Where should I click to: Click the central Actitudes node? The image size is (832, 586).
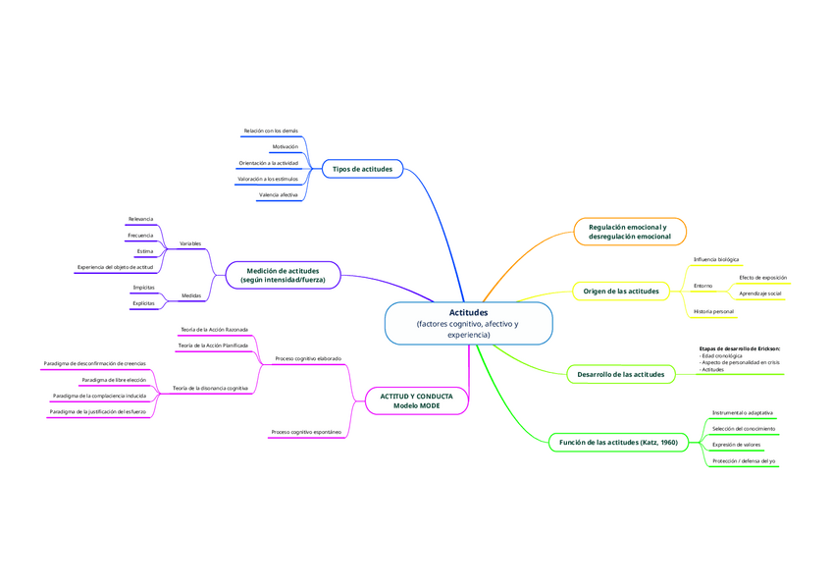(468, 323)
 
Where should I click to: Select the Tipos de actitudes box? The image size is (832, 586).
(362, 169)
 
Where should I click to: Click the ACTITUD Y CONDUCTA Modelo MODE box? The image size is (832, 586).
(416, 400)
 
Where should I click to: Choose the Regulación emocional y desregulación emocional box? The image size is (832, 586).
(630, 232)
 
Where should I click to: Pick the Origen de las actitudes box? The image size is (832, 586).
(621, 291)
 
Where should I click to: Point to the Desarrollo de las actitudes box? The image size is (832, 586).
(620, 374)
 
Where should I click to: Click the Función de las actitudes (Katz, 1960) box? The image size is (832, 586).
(618, 443)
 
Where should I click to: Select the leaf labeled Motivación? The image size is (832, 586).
(285, 146)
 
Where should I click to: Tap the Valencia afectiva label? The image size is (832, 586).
(278, 195)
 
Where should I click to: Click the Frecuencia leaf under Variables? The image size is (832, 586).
(139, 236)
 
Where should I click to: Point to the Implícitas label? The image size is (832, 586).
(143, 288)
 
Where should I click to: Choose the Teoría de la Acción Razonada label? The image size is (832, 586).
(214, 330)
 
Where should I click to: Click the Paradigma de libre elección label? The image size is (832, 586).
(114, 379)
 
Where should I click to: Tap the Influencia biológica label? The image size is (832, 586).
(716, 260)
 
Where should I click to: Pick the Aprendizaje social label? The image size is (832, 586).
(760, 293)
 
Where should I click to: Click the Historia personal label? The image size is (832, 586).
(713, 311)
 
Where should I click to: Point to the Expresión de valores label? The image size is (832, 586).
(737, 445)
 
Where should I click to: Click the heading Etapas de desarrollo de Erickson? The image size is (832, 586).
(740, 348)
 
